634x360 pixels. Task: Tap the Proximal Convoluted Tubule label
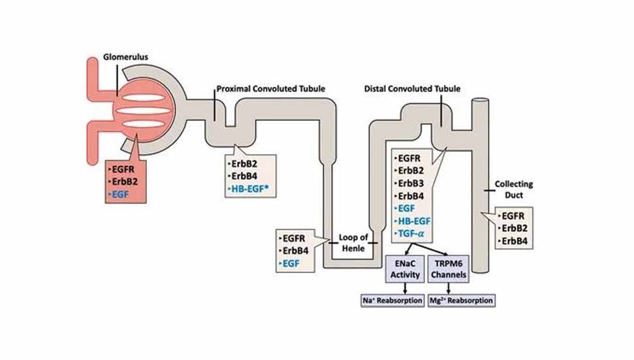click(271, 88)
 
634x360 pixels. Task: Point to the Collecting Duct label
click(515, 189)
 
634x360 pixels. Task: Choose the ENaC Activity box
click(405, 269)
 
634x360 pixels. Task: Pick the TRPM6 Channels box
click(450, 269)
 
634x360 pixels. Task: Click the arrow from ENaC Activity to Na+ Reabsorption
click(405, 287)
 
